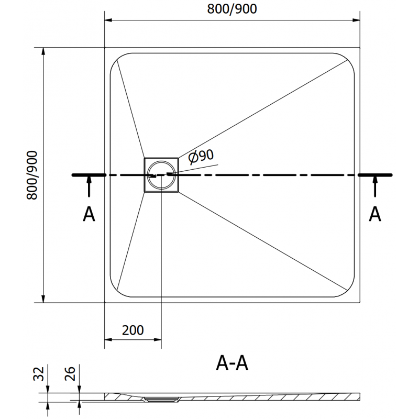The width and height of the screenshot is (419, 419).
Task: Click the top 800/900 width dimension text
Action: click(233, 9)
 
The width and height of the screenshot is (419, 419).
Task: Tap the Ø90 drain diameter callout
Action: click(201, 155)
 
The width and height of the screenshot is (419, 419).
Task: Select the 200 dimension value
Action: click(133, 330)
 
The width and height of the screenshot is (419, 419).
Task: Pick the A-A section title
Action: click(232, 362)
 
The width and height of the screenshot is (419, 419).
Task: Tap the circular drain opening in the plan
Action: click(161, 174)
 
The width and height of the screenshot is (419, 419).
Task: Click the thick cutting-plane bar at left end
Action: click(89, 174)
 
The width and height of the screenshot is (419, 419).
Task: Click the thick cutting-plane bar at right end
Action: click(376, 174)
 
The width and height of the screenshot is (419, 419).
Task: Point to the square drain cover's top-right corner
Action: click(179, 158)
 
